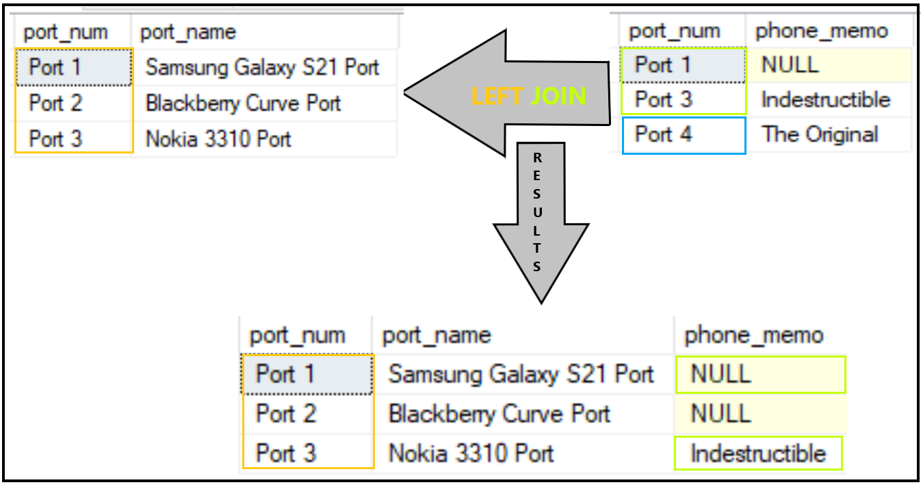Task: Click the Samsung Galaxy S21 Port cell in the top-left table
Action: [x=262, y=67]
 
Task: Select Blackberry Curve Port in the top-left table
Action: [x=243, y=103]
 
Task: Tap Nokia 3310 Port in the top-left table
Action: [x=218, y=139]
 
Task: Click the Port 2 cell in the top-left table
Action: [x=56, y=103]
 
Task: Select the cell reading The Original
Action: [x=820, y=134]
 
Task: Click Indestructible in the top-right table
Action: [x=825, y=100]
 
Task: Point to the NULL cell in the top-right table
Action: [x=790, y=64]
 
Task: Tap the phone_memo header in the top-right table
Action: [x=821, y=31]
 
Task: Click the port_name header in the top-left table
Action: [x=187, y=32]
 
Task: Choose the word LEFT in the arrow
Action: [x=497, y=97]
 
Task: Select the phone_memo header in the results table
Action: [x=754, y=336]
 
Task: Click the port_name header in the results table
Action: [x=437, y=336]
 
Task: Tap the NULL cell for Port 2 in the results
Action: [x=720, y=414]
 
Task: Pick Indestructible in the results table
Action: [x=757, y=453]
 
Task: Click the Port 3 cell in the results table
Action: [x=286, y=453]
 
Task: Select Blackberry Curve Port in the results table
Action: [x=499, y=414]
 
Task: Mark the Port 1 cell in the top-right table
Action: [x=663, y=65]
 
